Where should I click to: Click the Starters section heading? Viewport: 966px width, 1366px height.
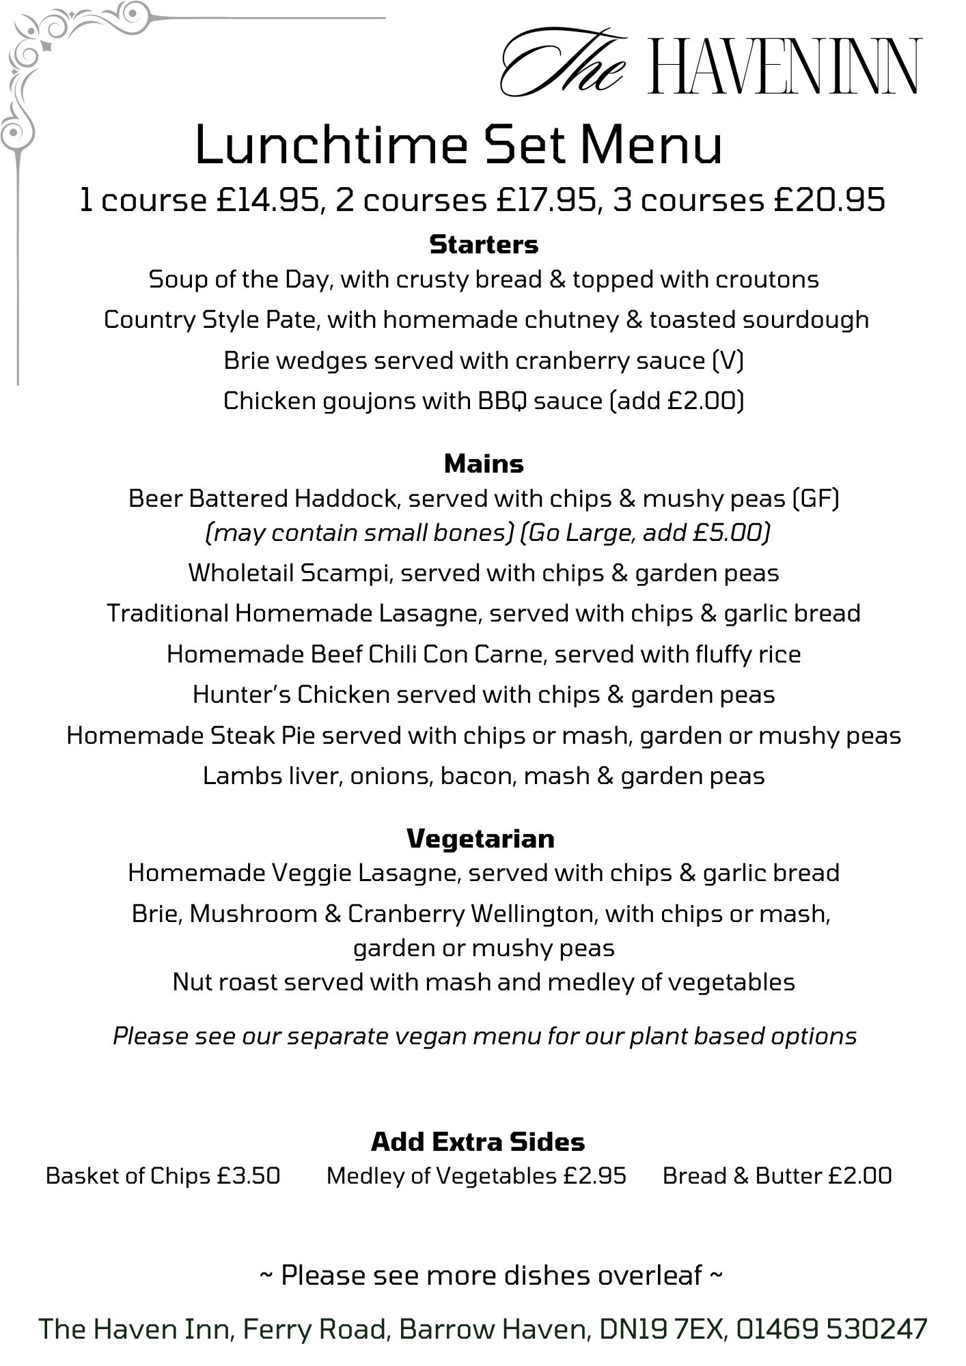[484, 245]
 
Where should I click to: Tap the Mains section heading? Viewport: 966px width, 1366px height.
[484, 464]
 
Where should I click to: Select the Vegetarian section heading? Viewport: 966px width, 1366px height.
[480, 838]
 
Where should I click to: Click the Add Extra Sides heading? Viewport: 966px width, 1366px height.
[478, 1141]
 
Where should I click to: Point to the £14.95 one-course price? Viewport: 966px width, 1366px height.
[268, 200]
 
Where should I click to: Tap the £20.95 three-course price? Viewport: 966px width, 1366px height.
[829, 200]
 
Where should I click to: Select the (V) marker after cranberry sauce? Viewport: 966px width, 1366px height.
[728, 361]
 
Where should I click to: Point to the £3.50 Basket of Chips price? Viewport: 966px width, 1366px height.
[249, 1175]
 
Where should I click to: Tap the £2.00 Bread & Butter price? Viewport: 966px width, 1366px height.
[860, 1175]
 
